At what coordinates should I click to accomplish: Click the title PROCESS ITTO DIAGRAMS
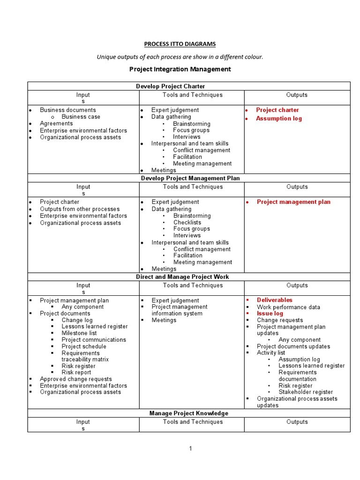click(x=180, y=44)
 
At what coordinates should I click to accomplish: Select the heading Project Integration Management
click(x=180, y=69)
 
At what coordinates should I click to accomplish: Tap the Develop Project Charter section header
click(x=171, y=86)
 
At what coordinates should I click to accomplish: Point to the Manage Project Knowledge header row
click(x=189, y=413)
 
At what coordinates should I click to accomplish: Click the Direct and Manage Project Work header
click(x=182, y=277)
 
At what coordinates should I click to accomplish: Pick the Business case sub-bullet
click(x=81, y=117)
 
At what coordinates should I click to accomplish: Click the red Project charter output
click(x=277, y=110)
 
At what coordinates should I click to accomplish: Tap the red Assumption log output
click(x=279, y=119)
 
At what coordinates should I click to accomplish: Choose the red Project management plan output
click(x=293, y=202)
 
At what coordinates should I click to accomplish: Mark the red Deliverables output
click(x=274, y=300)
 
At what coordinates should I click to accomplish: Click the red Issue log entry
click(x=270, y=313)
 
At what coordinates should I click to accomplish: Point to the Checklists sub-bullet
click(x=187, y=222)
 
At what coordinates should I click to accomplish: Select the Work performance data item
click(x=288, y=307)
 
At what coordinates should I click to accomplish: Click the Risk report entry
click(x=76, y=372)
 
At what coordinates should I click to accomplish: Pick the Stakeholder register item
click(x=306, y=392)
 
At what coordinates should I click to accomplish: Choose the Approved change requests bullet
click(x=76, y=379)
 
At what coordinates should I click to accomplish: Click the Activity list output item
click(x=271, y=352)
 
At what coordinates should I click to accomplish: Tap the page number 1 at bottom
click(x=191, y=449)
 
